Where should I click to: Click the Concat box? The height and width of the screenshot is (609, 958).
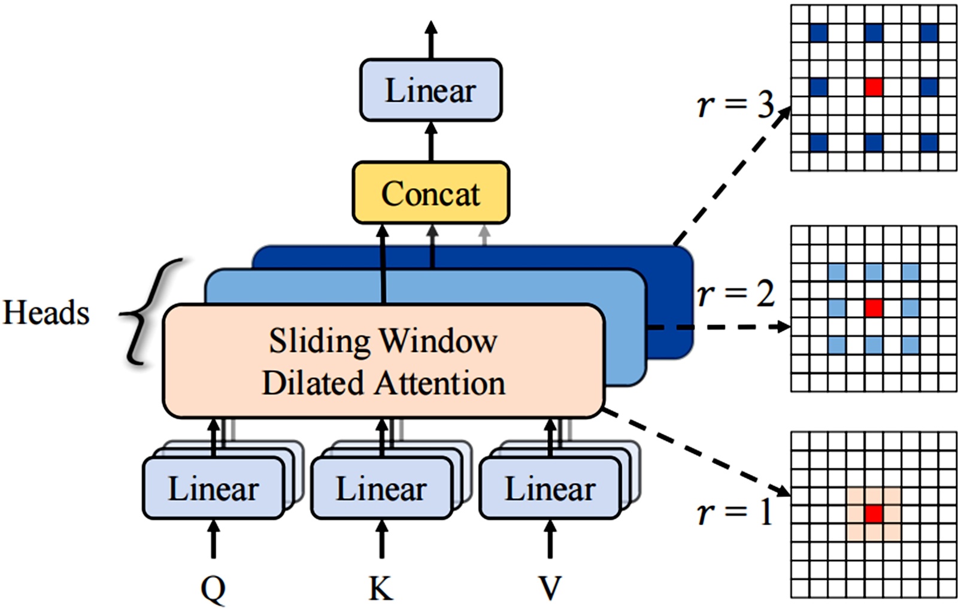point(431,193)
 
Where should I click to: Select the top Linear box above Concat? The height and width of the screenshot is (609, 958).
point(431,90)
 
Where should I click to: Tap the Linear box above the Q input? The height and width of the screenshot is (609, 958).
point(213,488)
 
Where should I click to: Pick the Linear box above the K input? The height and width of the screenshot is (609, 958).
point(381,488)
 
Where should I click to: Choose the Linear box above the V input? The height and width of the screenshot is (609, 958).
point(550,488)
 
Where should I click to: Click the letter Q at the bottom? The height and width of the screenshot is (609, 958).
point(213,588)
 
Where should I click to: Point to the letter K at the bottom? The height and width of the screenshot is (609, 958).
point(381,588)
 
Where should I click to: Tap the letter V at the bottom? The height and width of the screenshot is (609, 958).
point(550,588)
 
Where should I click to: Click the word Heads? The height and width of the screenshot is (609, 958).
point(46,313)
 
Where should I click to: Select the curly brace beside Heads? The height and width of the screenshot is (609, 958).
point(144,312)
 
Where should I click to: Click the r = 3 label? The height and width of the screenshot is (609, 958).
point(736,105)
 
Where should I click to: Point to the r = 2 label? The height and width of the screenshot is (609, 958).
point(736,294)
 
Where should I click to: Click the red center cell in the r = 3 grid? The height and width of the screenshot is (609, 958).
point(874,87)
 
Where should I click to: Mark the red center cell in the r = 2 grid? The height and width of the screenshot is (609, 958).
point(874,308)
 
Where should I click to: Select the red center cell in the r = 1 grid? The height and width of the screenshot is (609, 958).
point(874,514)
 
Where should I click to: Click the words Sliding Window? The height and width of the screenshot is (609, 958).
point(383,341)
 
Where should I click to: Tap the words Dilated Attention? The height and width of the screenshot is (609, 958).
point(383,383)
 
